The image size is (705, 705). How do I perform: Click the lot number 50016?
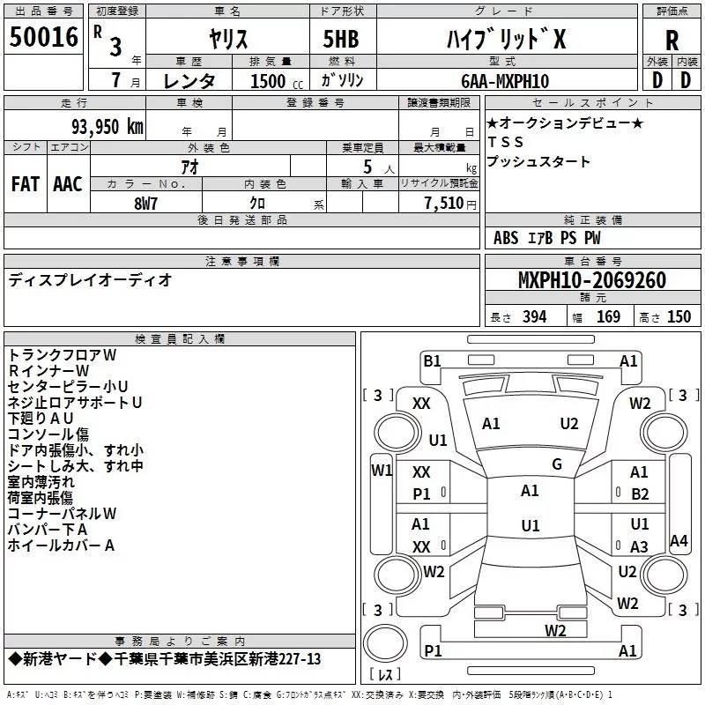coord(43,37)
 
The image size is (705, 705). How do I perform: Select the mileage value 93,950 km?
coord(107,127)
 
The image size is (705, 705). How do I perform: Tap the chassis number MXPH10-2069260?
coord(592,280)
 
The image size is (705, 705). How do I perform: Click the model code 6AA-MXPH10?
coord(505,81)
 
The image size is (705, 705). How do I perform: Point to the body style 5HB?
coord(341,39)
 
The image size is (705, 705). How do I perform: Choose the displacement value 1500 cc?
coord(277,81)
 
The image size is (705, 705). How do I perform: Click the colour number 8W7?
coord(145,204)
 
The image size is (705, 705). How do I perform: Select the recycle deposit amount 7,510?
coord(444,204)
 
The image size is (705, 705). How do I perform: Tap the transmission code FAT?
coord(26,184)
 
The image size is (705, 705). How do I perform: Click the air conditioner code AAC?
coord(68,184)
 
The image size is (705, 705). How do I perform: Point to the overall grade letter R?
coord(672,41)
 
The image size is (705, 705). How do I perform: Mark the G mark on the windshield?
coord(557,464)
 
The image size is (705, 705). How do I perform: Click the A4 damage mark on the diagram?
coord(679,540)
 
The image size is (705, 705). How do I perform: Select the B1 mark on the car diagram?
coord(432,361)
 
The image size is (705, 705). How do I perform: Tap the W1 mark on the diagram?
coord(382,471)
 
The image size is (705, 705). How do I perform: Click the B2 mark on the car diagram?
coord(640,494)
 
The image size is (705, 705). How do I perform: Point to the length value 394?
coord(535,317)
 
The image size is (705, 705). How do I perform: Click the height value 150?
coord(679,317)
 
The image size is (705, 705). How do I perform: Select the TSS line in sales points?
coord(506,142)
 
